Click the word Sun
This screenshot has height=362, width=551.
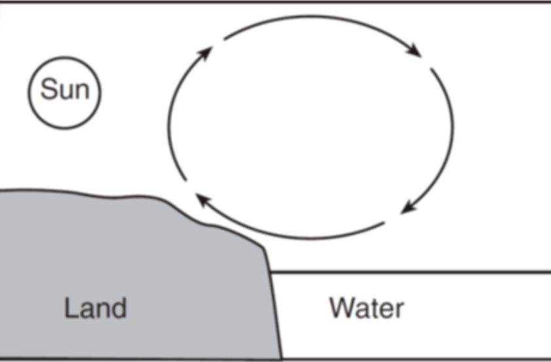click(x=64, y=89)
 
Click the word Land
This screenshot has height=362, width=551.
click(x=95, y=307)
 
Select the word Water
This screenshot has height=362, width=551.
click(x=366, y=307)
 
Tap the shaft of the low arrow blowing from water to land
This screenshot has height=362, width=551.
click(x=294, y=236)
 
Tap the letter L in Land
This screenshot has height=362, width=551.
click(x=69, y=307)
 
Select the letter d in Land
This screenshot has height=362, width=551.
click(x=118, y=307)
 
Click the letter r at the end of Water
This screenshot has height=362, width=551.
click(x=400, y=309)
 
